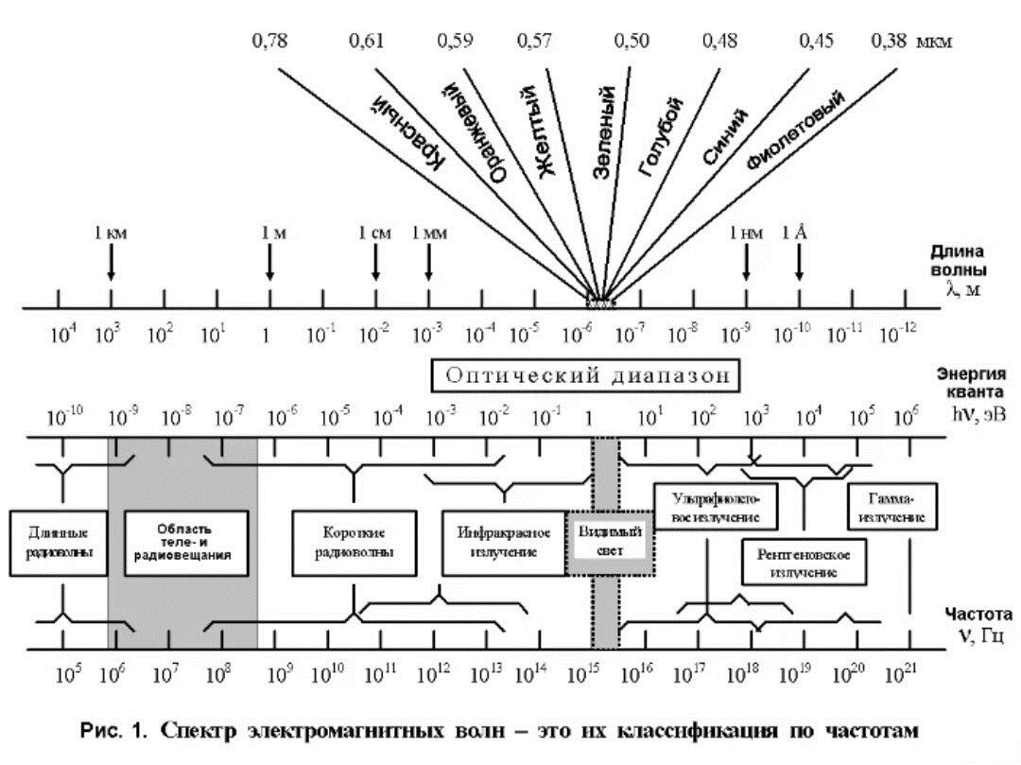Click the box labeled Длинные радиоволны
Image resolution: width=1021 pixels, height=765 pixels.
(59, 543)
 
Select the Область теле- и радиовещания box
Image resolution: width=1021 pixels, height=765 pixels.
(185, 543)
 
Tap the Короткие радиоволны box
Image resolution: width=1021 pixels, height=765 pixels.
(355, 543)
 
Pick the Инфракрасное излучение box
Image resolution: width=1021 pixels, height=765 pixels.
(504, 543)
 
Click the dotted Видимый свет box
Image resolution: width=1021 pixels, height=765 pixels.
(610, 543)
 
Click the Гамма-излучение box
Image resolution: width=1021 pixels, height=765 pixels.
(892, 506)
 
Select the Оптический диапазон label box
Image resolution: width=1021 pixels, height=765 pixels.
(585, 375)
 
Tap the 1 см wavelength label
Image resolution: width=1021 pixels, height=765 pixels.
(375, 233)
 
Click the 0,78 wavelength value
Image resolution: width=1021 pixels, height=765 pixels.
(269, 41)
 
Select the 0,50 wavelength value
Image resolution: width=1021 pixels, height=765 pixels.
(631, 41)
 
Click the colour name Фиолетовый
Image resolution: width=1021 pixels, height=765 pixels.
(796, 129)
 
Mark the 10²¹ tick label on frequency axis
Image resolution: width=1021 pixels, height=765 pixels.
(901, 673)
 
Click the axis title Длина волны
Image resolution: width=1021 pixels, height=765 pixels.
(957, 260)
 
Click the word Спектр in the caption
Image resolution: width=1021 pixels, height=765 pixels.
(198, 731)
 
